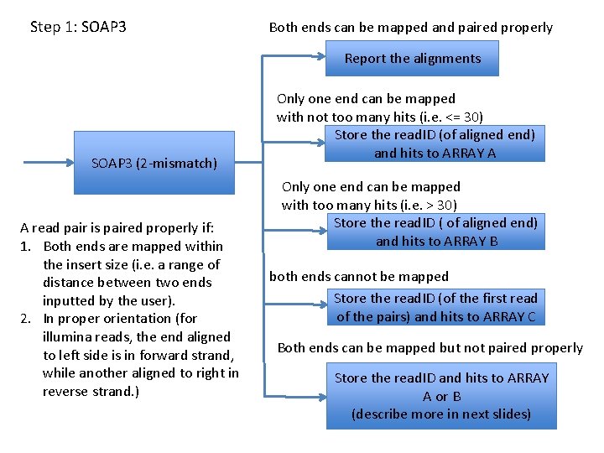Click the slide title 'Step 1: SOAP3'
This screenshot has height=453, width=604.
78,27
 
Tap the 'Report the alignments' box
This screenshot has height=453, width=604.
412,59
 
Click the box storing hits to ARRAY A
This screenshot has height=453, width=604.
435,143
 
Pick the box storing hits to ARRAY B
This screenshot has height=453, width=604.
435,232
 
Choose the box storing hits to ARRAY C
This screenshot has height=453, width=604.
435,307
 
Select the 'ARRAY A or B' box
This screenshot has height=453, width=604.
441,396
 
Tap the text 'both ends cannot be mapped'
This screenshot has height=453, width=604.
359,276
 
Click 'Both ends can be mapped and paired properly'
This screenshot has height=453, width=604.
410,28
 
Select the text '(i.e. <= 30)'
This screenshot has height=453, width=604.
445,117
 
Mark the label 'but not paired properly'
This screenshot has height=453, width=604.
511,347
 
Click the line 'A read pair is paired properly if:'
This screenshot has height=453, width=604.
121,227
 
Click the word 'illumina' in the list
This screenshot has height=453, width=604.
66,336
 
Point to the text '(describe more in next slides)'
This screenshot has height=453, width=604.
441,414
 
